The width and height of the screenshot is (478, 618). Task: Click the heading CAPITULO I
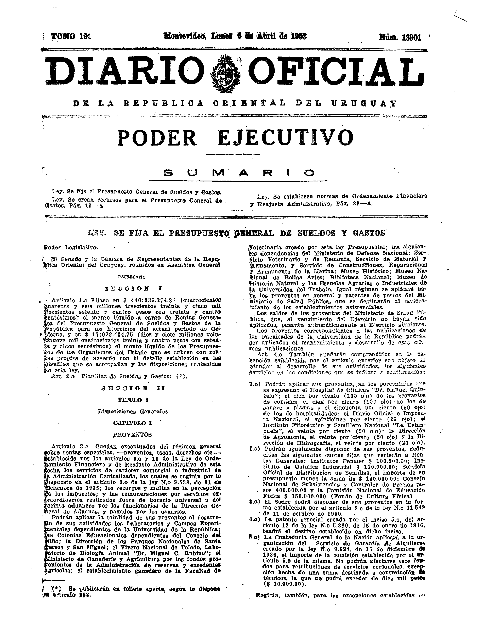(133, 423)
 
